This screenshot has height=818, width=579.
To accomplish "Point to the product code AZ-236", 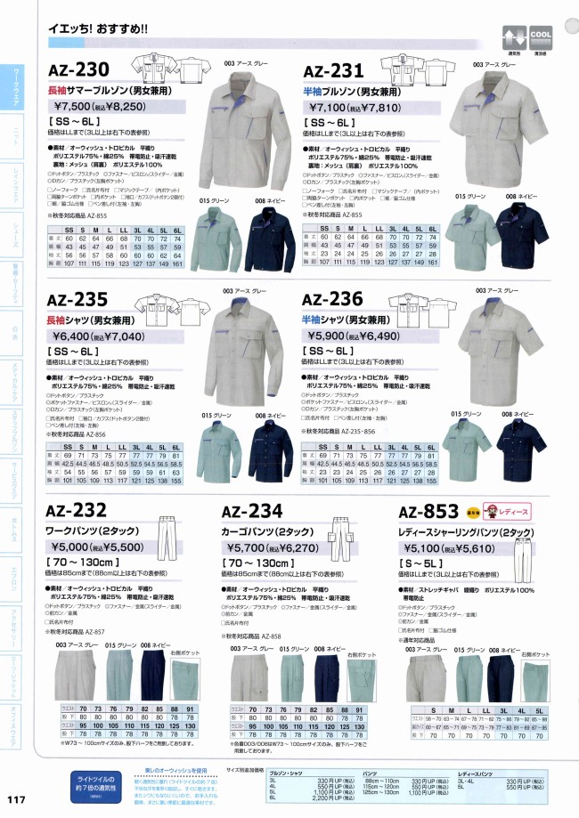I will coord(333,301).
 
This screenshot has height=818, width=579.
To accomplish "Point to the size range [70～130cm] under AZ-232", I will coord(79,565).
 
